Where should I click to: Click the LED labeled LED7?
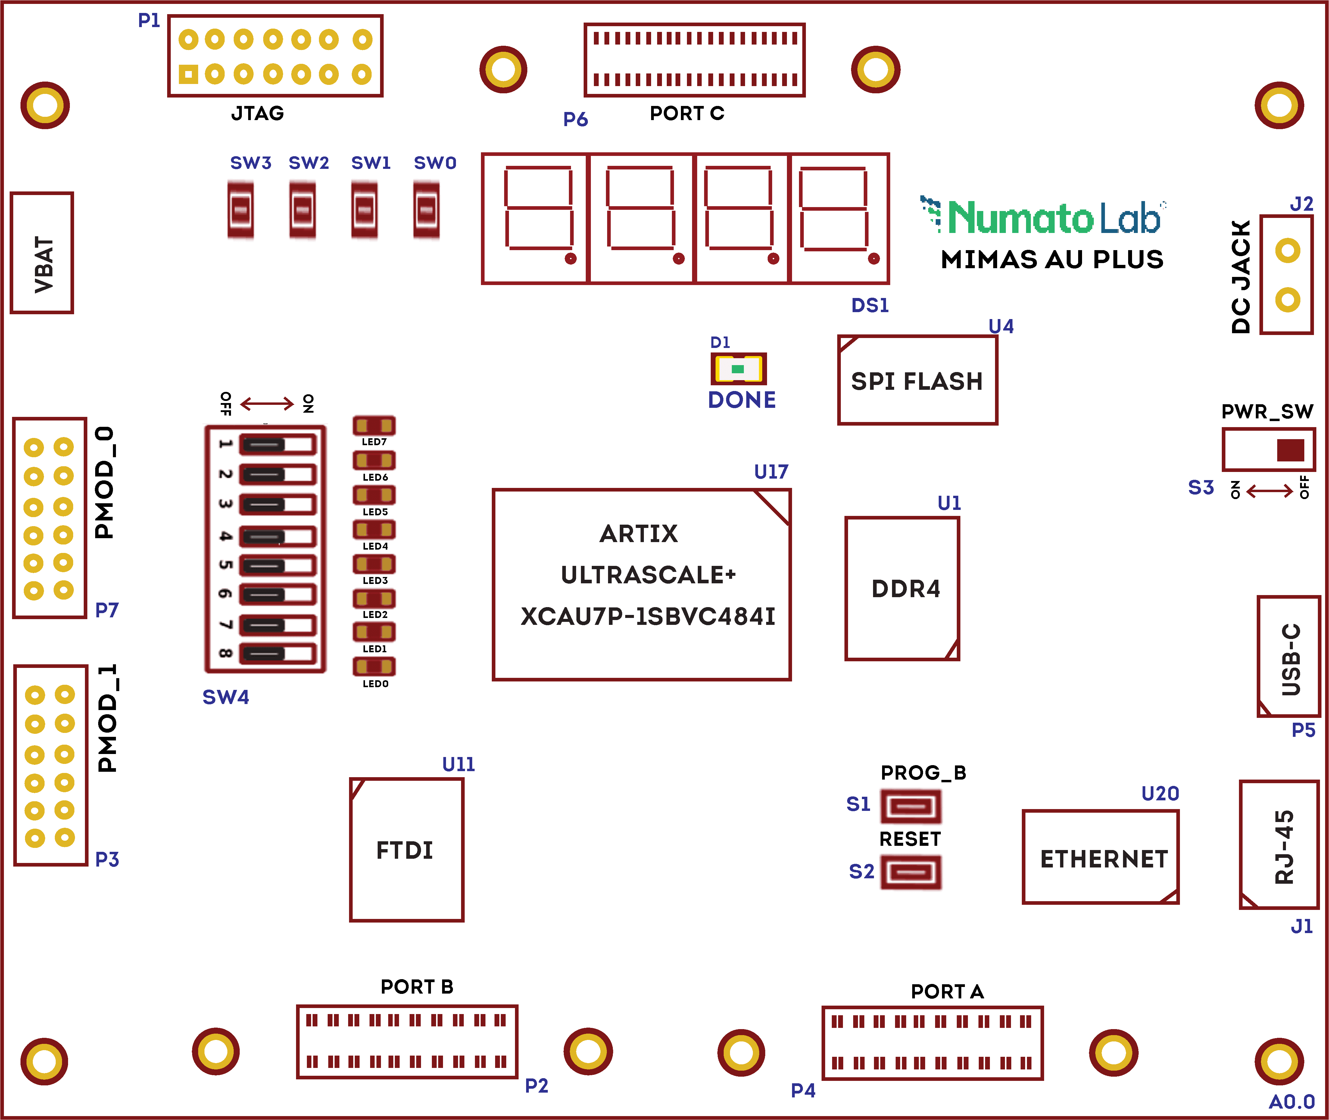click(374, 425)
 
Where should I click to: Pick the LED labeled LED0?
click(374, 666)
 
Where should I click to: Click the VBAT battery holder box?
click(42, 253)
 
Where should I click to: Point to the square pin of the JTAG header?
click(188, 74)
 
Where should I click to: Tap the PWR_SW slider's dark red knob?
click(1290, 450)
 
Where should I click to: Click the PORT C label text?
click(687, 113)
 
